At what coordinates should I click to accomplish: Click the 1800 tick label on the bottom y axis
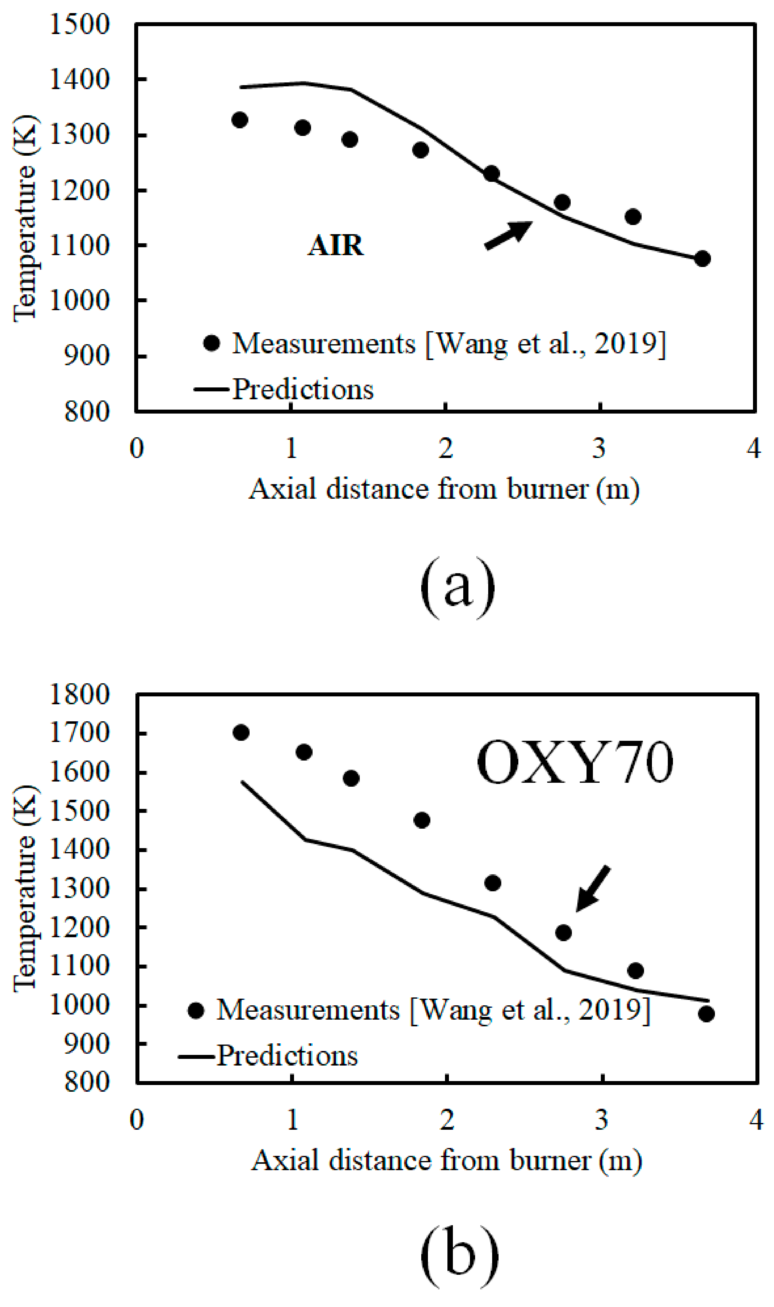coord(79,694)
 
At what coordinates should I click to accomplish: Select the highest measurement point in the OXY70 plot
coord(240,733)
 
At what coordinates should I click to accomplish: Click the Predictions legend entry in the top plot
coord(303,389)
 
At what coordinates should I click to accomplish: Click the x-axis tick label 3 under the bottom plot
coord(601,1119)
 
